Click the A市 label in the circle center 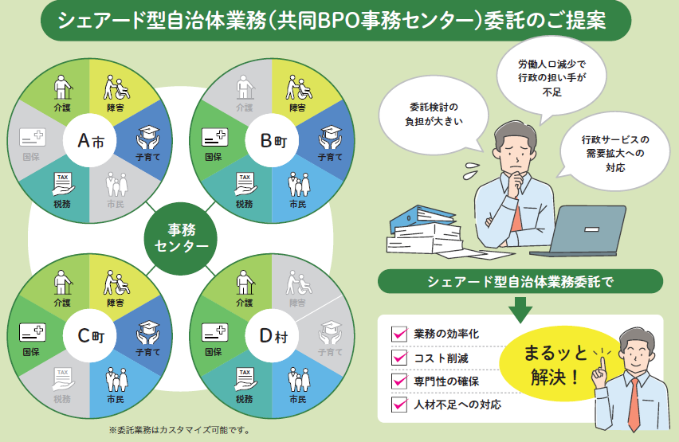click(x=90, y=142)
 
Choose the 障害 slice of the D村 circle click(x=297, y=290)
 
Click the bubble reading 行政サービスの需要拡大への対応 click(x=614, y=153)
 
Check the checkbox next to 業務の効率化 click(x=399, y=334)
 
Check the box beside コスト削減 click(x=399, y=358)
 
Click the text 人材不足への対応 click(x=457, y=405)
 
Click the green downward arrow click(x=520, y=308)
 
